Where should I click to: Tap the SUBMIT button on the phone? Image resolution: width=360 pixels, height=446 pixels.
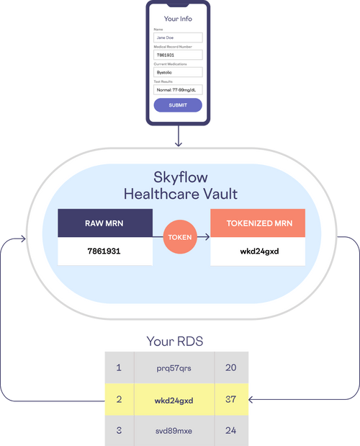click(178, 105)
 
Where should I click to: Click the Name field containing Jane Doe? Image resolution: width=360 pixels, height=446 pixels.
click(178, 37)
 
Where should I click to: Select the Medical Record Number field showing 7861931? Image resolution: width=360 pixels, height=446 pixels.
click(178, 55)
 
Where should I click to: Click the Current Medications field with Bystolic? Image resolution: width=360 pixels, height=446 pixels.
click(178, 72)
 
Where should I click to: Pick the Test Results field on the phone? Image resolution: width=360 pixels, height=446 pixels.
click(178, 90)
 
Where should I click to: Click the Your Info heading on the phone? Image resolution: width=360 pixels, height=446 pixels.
click(178, 19)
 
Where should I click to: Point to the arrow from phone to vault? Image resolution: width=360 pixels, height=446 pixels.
click(179, 136)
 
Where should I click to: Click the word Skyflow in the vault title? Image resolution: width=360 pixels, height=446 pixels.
click(181, 177)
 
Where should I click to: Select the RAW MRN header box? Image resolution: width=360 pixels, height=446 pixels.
click(105, 223)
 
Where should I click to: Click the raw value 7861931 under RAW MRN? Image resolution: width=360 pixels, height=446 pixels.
click(104, 251)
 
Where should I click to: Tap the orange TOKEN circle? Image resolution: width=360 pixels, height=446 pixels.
click(180, 236)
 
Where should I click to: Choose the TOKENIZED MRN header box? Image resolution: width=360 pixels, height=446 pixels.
click(258, 223)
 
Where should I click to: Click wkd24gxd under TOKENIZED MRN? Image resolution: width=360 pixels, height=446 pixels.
click(259, 251)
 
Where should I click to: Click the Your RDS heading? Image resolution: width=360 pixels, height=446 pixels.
click(175, 341)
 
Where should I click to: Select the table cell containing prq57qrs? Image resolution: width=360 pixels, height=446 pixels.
click(174, 367)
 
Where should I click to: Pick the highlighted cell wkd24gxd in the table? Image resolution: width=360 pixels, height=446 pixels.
click(174, 399)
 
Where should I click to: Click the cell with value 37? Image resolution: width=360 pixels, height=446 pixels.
click(231, 399)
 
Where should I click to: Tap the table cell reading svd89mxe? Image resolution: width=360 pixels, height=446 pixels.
click(174, 431)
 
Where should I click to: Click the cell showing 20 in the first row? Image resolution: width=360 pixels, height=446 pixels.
click(231, 367)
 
